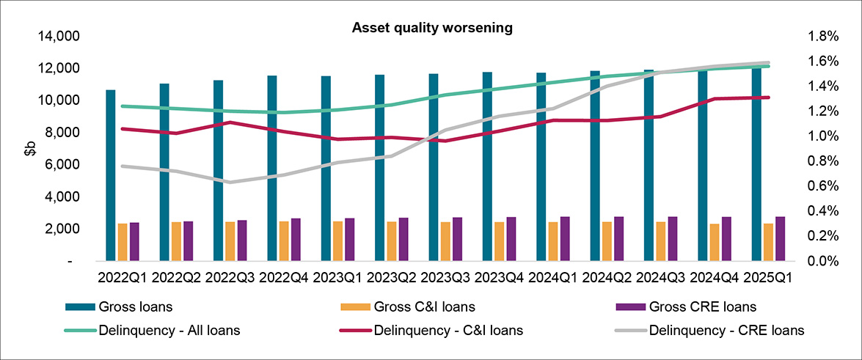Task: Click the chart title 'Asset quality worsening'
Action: point(431,28)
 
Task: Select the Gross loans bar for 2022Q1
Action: point(111,176)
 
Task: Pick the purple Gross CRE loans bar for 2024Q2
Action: point(619,238)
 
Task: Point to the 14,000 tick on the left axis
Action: point(63,36)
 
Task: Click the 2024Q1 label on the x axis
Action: point(552,279)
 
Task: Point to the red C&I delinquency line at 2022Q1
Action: point(123,128)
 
